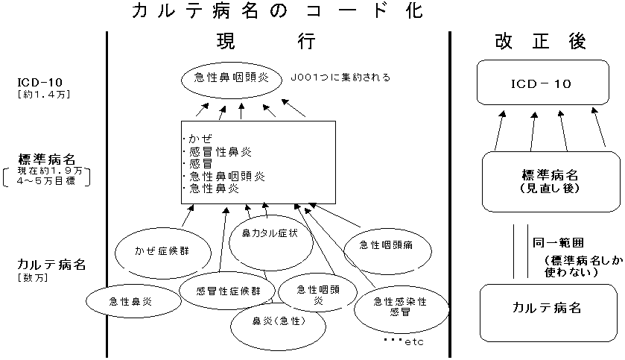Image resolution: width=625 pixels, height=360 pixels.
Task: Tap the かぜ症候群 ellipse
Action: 162,250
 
